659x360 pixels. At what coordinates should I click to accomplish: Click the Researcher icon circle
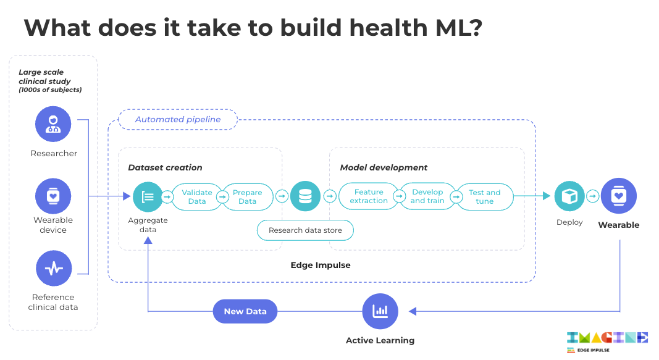pyautogui.click(x=53, y=124)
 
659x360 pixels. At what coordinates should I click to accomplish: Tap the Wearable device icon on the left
pyautogui.click(x=53, y=196)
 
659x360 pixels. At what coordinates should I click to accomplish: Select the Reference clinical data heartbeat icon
pyautogui.click(x=54, y=269)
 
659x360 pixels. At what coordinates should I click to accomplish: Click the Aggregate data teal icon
pyautogui.click(x=148, y=196)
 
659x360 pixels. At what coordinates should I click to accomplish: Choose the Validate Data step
pyautogui.click(x=196, y=196)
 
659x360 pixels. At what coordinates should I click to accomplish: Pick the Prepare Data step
pyautogui.click(x=248, y=196)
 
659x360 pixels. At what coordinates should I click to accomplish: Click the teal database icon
pyautogui.click(x=305, y=196)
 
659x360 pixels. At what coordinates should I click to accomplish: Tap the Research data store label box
pyautogui.click(x=305, y=230)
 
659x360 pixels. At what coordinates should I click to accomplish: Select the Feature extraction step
pyautogui.click(x=369, y=196)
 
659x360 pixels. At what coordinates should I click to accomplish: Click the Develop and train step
pyautogui.click(x=427, y=196)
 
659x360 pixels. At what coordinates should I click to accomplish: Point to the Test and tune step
pyautogui.click(x=485, y=196)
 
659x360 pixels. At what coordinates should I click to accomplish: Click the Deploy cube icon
pyautogui.click(x=569, y=196)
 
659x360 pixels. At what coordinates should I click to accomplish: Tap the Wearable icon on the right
pyautogui.click(x=619, y=196)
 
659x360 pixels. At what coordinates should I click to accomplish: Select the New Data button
pyautogui.click(x=245, y=311)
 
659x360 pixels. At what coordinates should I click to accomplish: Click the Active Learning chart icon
pyautogui.click(x=380, y=311)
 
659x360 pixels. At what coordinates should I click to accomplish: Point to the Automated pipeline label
pyautogui.click(x=178, y=119)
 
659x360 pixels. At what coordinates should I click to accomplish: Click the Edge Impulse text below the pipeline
pyautogui.click(x=321, y=265)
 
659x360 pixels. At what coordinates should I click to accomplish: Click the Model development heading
pyautogui.click(x=384, y=167)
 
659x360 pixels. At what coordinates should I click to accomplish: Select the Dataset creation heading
pyautogui.click(x=165, y=167)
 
